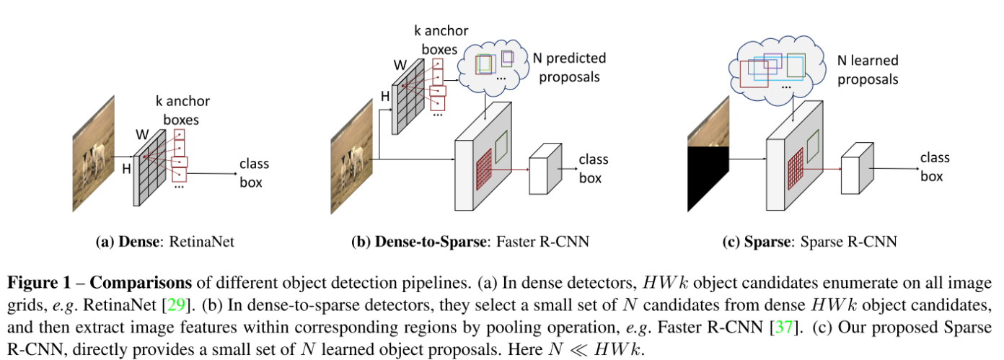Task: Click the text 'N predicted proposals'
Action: pos(568,66)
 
